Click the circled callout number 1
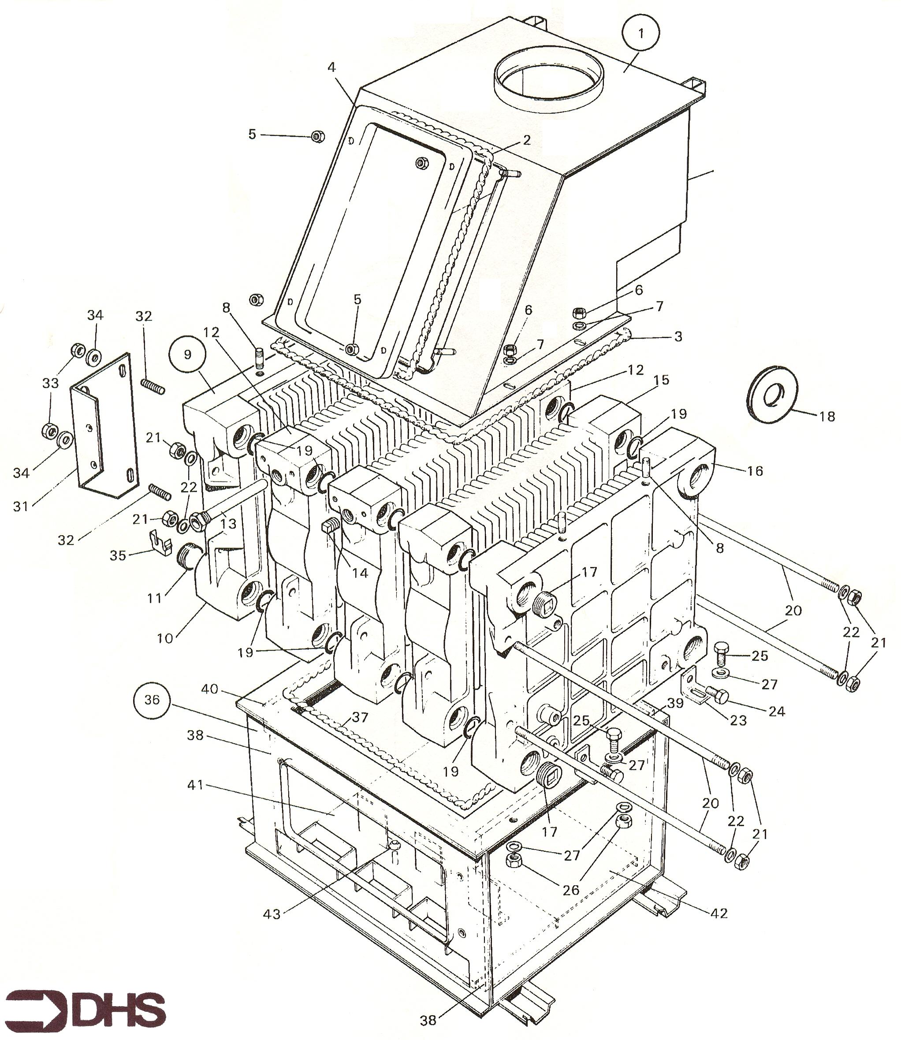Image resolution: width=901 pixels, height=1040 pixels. click(x=640, y=33)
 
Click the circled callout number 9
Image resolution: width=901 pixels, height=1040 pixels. click(x=187, y=354)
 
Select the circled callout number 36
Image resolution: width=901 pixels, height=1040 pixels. click(x=152, y=700)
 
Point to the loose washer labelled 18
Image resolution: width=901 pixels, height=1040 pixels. click(x=770, y=397)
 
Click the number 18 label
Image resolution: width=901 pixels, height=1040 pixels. click(x=827, y=417)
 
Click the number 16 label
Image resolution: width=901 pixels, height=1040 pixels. click(x=755, y=471)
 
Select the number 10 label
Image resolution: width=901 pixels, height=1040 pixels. click(x=165, y=639)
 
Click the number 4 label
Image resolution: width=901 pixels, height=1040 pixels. click(x=331, y=67)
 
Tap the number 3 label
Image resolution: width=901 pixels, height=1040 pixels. click(x=678, y=336)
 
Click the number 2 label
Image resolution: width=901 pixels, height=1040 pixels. click(x=526, y=140)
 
